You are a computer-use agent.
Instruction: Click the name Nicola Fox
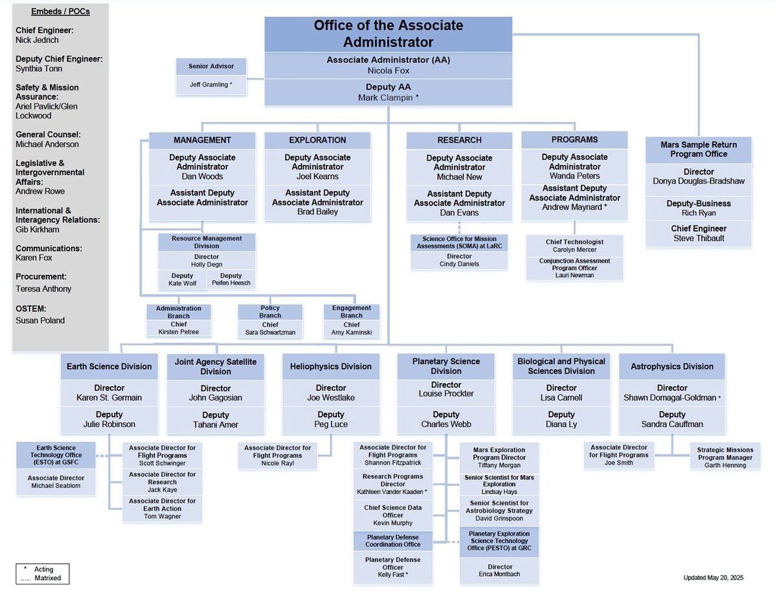(x=388, y=70)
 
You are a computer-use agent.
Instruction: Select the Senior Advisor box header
(x=211, y=66)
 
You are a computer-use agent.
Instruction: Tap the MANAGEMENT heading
(x=202, y=140)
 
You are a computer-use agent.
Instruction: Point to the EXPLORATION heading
(x=317, y=140)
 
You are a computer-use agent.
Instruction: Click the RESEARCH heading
(x=459, y=140)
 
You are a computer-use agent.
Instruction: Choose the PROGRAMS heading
(x=574, y=139)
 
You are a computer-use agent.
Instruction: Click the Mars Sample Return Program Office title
(x=699, y=149)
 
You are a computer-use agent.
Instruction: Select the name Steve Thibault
(x=699, y=238)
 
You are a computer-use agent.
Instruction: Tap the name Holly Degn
(x=207, y=264)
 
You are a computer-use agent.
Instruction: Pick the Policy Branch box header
(x=270, y=312)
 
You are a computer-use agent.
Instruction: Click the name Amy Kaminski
(x=352, y=332)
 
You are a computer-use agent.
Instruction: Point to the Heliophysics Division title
(x=331, y=366)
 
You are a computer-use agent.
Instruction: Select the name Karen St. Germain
(x=109, y=397)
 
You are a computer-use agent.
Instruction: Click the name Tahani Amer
(x=216, y=424)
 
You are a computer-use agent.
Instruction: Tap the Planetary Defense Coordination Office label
(x=392, y=540)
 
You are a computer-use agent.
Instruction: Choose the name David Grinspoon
(x=499, y=519)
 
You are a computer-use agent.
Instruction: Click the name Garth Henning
(x=725, y=465)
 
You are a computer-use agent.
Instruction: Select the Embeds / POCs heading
(x=60, y=12)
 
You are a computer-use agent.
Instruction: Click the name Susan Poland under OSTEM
(x=40, y=320)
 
